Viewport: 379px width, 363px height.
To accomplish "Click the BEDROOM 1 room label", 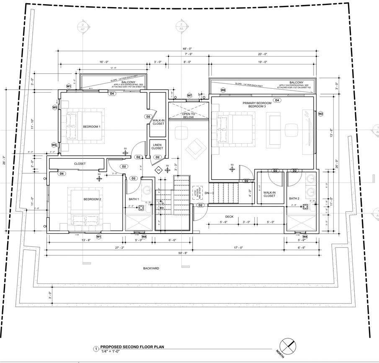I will [x=91, y=127].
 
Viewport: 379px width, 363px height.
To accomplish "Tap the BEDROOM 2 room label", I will [x=92, y=199].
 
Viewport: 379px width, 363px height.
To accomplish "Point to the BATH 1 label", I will [x=134, y=198].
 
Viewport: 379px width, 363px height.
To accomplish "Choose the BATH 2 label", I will [x=294, y=198].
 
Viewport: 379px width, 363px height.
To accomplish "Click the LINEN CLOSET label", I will [x=157, y=146].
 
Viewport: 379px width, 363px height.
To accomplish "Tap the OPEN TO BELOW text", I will [x=188, y=116].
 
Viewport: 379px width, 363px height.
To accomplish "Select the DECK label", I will [x=229, y=217].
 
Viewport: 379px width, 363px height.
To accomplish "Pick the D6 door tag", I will [x=62, y=173].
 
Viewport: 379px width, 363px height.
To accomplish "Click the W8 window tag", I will [x=223, y=90].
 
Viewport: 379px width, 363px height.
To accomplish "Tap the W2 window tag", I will [x=321, y=113].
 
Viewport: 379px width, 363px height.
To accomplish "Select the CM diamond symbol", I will [x=159, y=170].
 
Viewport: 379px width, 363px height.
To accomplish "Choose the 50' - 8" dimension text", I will [x=182, y=253].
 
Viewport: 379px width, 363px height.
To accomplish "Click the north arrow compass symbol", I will [x=289, y=346].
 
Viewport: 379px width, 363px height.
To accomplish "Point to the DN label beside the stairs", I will [x=206, y=193].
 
